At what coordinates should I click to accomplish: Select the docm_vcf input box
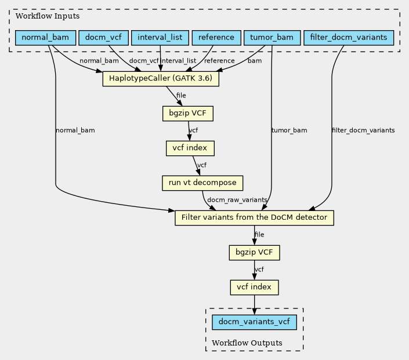(x=103, y=38)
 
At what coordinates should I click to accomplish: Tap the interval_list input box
(x=160, y=38)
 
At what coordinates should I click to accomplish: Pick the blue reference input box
(x=216, y=38)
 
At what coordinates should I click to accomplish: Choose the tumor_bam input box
(x=271, y=38)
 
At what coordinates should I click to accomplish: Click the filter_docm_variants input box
(x=349, y=38)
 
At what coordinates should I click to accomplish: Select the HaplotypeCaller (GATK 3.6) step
(x=161, y=79)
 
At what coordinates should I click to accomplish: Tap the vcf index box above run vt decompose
(x=190, y=148)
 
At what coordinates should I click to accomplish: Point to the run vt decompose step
(x=202, y=183)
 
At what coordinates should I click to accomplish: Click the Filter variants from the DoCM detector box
(x=255, y=218)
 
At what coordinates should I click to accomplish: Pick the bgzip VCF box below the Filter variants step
(x=255, y=253)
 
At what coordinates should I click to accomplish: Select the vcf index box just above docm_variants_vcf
(x=255, y=287)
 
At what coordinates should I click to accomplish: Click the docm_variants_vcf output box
(x=255, y=322)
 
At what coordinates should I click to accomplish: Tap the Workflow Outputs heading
(x=247, y=343)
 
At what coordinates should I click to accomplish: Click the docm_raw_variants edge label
(x=237, y=200)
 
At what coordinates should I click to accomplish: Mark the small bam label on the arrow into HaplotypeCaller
(x=254, y=61)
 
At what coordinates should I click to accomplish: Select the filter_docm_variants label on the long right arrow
(x=363, y=130)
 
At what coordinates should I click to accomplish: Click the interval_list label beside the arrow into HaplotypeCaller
(x=179, y=61)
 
